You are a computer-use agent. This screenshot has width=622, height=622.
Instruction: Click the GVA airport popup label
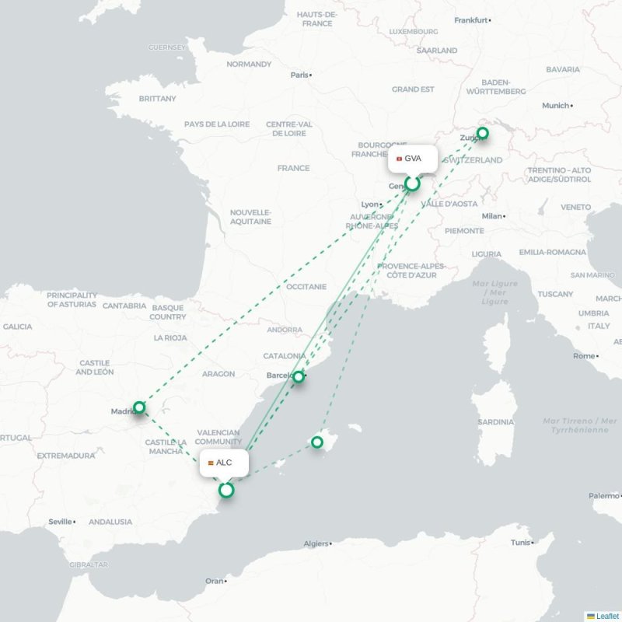(x=413, y=159)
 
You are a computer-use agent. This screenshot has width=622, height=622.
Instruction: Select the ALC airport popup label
(x=224, y=463)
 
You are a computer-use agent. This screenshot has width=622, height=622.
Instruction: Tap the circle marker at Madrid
(x=139, y=407)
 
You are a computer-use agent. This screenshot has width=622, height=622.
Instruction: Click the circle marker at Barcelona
(x=298, y=376)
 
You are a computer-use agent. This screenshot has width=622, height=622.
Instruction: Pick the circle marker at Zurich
(x=482, y=133)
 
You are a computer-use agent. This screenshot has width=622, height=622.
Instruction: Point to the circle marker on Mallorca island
(x=317, y=442)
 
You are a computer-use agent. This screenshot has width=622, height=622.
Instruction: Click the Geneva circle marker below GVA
(x=413, y=183)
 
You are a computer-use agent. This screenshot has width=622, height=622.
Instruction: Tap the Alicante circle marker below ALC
(x=226, y=490)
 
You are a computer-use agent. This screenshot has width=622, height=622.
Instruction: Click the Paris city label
(x=299, y=75)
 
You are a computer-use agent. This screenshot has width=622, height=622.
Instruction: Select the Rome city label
(x=583, y=356)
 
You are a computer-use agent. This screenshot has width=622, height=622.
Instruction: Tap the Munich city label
(x=555, y=106)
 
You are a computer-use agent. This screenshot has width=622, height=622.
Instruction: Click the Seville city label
(x=60, y=522)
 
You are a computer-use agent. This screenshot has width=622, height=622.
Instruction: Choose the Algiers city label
(x=315, y=543)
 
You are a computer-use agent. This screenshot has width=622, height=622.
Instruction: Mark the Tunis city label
(x=520, y=543)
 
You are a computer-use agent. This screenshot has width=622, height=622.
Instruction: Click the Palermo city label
(x=603, y=495)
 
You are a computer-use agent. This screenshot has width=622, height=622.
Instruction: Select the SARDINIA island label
(x=496, y=422)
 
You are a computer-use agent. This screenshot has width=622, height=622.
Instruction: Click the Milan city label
(x=491, y=216)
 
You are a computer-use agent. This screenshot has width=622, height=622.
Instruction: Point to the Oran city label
(x=214, y=581)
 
